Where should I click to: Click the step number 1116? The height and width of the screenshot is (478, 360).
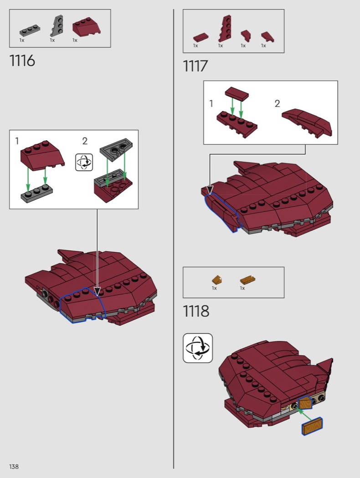pyautogui.click(x=22, y=61)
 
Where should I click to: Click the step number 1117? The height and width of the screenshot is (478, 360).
pyautogui.click(x=195, y=66)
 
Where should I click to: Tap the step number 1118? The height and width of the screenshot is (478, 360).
pyautogui.click(x=196, y=311)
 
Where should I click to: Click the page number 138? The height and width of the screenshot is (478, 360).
pyautogui.click(x=14, y=467)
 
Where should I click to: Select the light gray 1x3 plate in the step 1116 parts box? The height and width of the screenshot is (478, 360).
pyautogui.click(x=30, y=31)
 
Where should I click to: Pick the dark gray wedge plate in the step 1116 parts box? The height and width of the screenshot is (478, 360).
pyautogui.click(x=57, y=27)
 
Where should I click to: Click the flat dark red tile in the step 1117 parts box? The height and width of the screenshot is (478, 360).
pyautogui.click(x=200, y=37)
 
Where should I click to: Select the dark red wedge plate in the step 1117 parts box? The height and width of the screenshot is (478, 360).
pyautogui.click(x=225, y=28)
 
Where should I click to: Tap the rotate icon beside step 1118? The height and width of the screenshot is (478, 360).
pyautogui.click(x=198, y=348)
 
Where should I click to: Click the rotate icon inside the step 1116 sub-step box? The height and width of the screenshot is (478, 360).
pyautogui.click(x=84, y=162)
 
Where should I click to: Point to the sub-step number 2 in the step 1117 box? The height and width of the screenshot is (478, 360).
pyautogui.click(x=277, y=104)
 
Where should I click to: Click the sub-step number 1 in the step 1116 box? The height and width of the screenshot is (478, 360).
pyautogui.click(x=17, y=141)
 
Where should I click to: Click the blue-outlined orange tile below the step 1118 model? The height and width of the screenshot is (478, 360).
pyautogui.click(x=312, y=427)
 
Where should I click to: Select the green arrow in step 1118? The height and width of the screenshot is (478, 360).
pyautogui.click(x=308, y=414)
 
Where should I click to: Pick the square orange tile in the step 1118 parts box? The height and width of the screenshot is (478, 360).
pyautogui.click(x=216, y=280)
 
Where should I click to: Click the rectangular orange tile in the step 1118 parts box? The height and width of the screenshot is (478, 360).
pyautogui.click(x=247, y=280)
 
